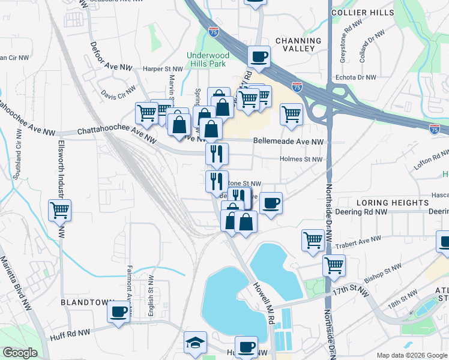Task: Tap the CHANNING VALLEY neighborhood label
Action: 295,44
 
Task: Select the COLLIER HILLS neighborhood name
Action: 357,12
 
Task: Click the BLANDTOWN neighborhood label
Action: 85,303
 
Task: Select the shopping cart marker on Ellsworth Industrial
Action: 60,211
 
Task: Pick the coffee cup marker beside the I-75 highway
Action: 259,57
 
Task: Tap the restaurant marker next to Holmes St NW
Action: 217,154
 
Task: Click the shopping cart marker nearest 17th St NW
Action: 334,265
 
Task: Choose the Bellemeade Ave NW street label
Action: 288,142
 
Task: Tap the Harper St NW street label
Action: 162,69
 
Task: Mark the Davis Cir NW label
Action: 118,95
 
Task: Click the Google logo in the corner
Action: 20,353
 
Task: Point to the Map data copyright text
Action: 411,355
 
